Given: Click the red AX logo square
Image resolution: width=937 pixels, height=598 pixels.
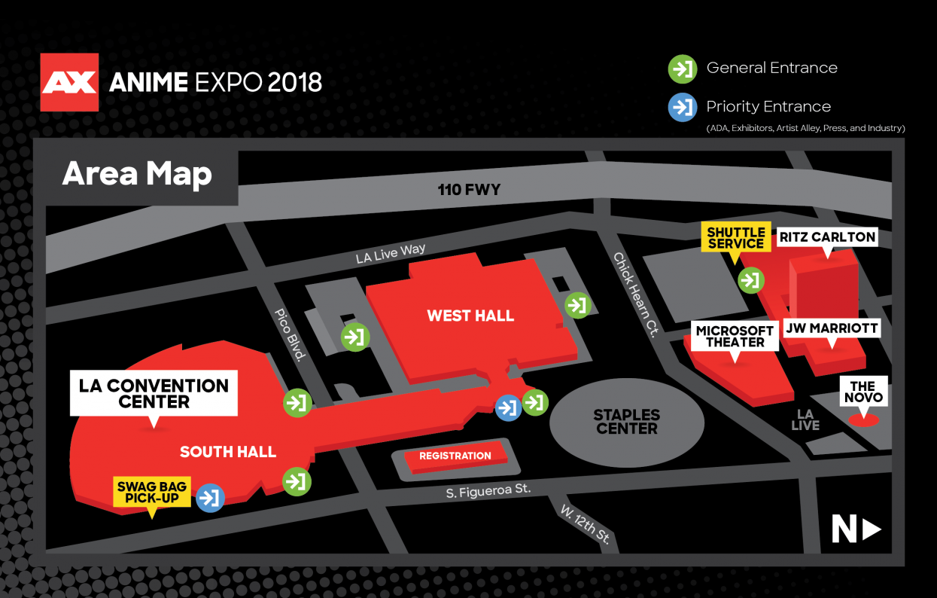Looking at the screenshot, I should point(69,81).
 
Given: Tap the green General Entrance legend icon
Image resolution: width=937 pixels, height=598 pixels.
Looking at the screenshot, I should point(683,69).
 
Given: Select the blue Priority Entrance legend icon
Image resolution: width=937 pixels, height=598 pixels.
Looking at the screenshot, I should point(683,108).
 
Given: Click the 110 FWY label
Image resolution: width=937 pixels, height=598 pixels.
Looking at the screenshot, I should point(469,190).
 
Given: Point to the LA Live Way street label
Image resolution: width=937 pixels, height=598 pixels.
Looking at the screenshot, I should point(391,253).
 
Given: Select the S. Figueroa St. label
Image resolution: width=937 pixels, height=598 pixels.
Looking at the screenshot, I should point(488,491).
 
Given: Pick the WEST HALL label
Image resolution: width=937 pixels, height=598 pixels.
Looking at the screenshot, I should point(470,316).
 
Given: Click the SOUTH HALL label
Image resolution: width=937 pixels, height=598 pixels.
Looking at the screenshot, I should point(227,452).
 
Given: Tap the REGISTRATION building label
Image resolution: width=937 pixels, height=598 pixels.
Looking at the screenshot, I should point(455,456).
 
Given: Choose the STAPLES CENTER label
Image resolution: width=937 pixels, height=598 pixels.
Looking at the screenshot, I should point(626,421).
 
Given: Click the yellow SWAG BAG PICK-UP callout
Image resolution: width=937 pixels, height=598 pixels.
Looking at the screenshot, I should point(152,492).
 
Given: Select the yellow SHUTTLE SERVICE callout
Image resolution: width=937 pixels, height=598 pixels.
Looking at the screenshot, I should point(735,237).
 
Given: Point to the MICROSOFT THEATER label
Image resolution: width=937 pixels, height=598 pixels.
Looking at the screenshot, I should point(735,337).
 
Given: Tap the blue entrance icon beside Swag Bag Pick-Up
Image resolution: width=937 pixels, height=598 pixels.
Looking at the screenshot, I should point(211,498).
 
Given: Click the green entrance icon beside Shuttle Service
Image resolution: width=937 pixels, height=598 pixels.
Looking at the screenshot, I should point(750,280).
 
